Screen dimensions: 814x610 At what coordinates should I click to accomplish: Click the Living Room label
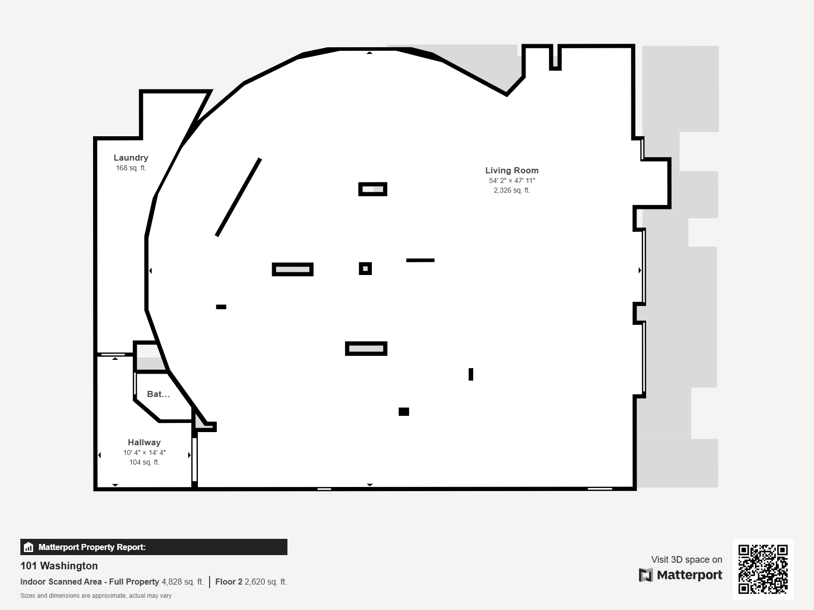[512, 170]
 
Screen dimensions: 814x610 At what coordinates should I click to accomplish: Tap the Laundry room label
[131, 158]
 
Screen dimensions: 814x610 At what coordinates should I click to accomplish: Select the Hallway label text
[144, 442]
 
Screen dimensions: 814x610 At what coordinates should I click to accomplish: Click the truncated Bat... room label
[158, 394]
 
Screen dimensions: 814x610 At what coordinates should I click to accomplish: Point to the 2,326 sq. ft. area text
[512, 190]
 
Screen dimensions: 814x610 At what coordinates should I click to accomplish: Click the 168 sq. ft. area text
[131, 168]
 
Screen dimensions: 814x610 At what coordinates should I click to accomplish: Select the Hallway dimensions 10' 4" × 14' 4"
[144, 452]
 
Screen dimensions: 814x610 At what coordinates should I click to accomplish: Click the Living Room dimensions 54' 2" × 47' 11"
[512, 181]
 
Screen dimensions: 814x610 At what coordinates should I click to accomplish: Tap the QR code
[763, 569]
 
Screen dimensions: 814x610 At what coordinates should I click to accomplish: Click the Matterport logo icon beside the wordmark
[646, 575]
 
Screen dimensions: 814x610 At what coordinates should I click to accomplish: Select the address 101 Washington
[59, 566]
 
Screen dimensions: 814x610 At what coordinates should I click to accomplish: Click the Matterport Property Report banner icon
[28, 547]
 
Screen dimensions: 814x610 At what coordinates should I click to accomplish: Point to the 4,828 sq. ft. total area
[183, 582]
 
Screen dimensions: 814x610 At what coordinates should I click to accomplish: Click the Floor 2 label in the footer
[229, 582]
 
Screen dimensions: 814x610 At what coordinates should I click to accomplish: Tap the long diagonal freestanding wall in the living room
[239, 197]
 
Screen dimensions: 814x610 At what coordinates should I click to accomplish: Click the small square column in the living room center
[365, 268]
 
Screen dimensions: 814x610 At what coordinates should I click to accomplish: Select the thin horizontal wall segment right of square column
[420, 260]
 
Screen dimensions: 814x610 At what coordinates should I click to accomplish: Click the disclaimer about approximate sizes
[96, 596]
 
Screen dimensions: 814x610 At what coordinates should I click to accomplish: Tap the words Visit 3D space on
[686, 560]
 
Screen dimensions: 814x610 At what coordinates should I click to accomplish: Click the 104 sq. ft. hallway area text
[144, 462]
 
